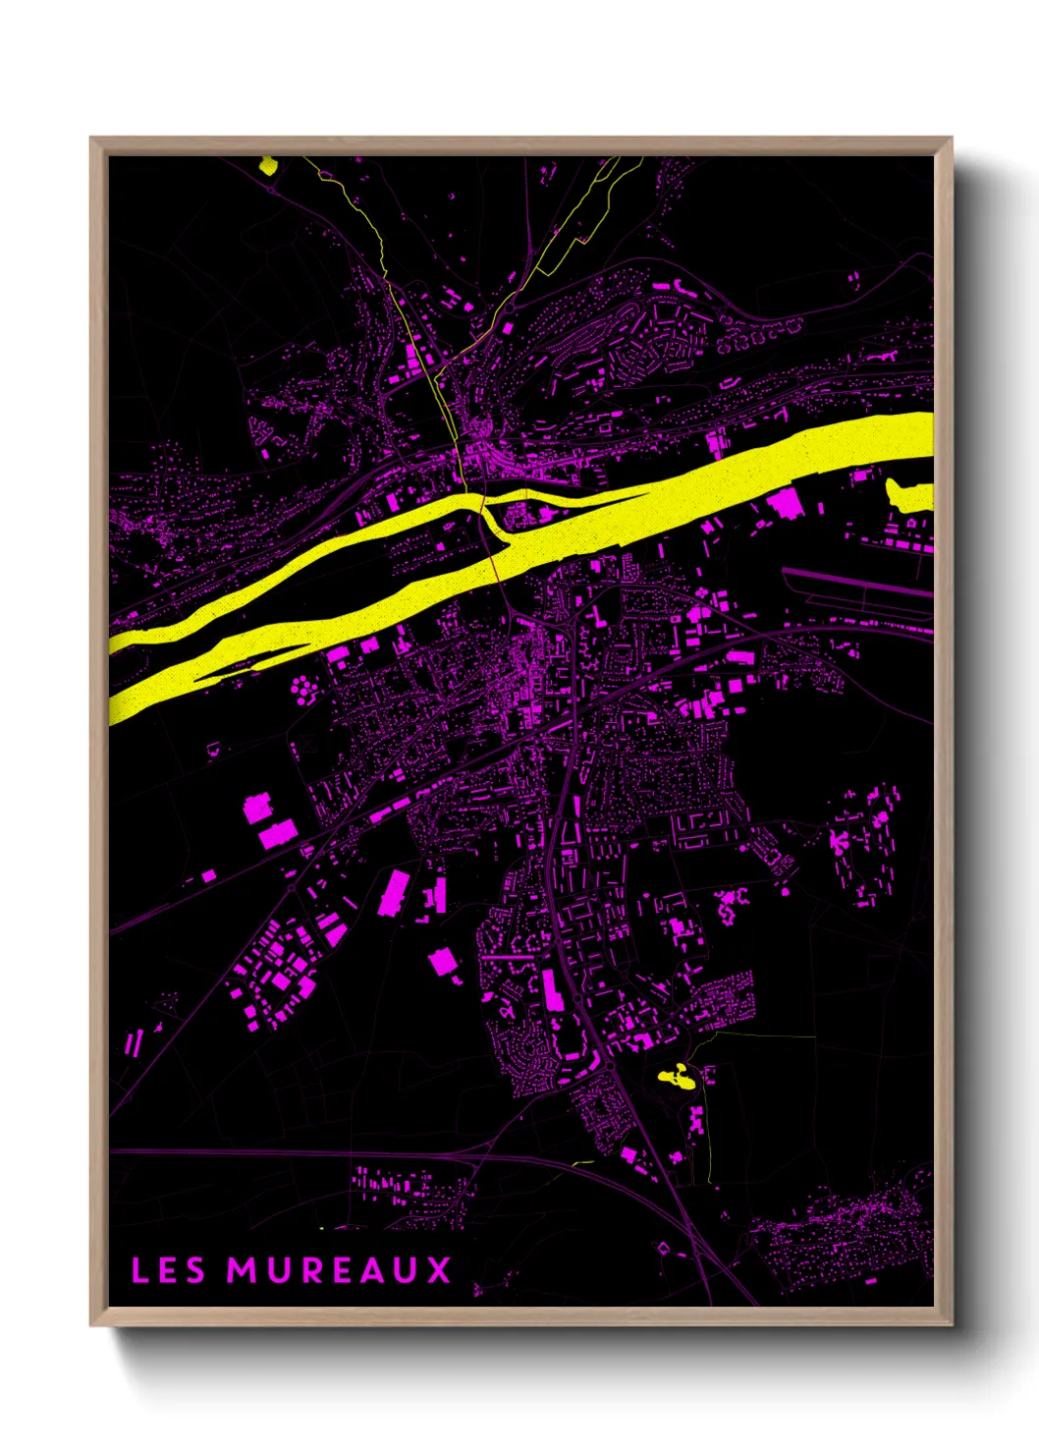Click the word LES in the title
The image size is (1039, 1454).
(168, 1270)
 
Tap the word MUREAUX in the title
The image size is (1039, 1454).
(339, 1270)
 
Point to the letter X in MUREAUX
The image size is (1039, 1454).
(439, 1270)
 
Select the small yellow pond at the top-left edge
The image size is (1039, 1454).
(267, 165)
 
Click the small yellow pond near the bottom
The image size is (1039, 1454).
(676, 1077)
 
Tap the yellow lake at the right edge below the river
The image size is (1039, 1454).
(909, 496)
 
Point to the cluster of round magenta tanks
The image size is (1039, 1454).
(303, 689)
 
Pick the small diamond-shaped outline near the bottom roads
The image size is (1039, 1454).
(664, 1249)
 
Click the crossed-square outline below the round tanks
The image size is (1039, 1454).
(297, 753)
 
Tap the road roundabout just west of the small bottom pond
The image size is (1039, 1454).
(609, 1064)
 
